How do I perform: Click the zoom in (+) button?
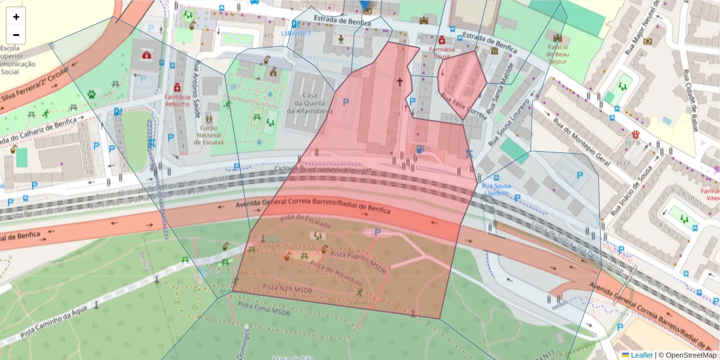(16, 17)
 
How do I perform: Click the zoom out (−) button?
(16, 35)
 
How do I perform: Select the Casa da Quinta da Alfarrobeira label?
(309, 103)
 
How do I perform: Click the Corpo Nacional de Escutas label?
(209, 135)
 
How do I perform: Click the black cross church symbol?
(400, 80)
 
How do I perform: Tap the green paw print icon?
(91, 94)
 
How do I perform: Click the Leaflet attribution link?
(641, 355)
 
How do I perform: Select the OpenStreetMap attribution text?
(691, 355)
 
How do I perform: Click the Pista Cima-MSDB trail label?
(264, 308)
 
